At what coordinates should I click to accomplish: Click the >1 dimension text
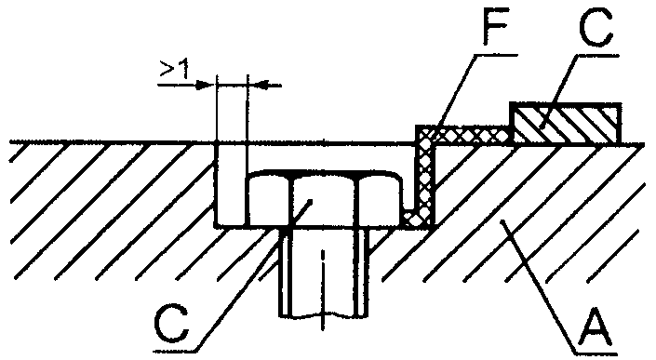point(174,69)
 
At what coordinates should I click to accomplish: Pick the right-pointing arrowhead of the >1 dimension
point(206,85)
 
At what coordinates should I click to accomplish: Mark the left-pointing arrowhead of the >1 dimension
point(258,85)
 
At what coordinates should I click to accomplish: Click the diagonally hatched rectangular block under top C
point(565,124)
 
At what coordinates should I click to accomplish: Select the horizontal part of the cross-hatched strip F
point(465,135)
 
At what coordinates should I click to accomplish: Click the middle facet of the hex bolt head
point(323,199)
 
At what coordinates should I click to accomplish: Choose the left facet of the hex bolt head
point(268,200)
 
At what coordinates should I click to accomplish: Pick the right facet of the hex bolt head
point(380,200)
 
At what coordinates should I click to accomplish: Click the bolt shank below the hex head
point(324,271)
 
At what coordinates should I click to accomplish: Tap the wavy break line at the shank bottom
point(324,314)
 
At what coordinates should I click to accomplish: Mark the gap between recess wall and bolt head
point(231,184)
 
